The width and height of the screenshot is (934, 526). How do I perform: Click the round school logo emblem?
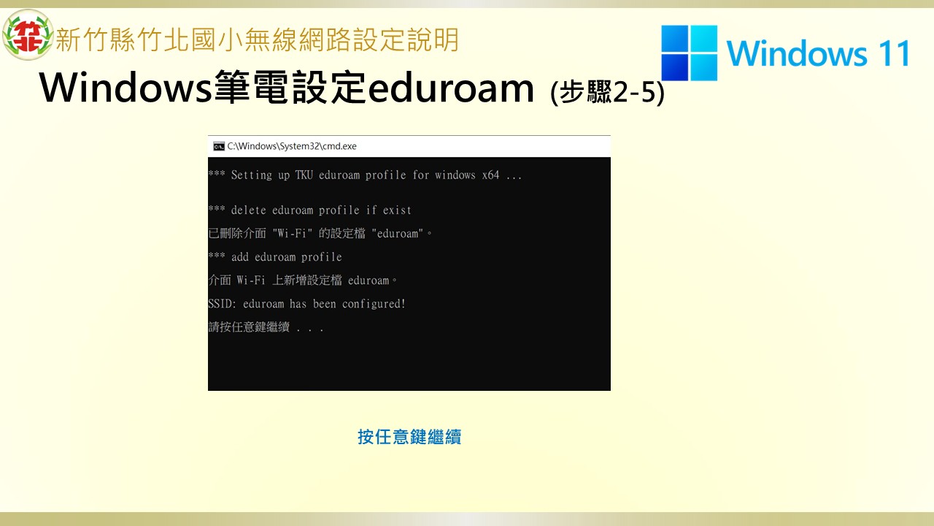[x=28, y=34]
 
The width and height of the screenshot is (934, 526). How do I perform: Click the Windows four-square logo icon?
[x=690, y=53]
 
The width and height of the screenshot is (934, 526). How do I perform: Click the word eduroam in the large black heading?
[x=451, y=88]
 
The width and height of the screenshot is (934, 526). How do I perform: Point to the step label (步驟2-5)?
[x=607, y=92]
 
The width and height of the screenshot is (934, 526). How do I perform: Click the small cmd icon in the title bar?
[x=219, y=146]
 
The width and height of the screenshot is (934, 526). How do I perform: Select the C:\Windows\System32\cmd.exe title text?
[x=292, y=146]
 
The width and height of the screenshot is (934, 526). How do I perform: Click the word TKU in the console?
[x=304, y=175]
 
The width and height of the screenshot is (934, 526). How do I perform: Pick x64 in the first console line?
[x=490, y=175]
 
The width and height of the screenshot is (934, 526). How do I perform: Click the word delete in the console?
[x=249, y=210]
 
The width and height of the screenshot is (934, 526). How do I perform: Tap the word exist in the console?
[x=397, y=210]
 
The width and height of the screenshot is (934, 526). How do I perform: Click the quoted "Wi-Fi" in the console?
[x=293, y=233]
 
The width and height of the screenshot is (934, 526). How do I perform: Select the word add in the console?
[x=240, y=256]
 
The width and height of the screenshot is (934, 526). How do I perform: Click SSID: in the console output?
[x=223, y=303]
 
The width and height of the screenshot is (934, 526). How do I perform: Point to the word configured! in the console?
[x=374, y=303]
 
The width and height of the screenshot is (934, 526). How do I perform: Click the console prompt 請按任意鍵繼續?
[x=249, y=327]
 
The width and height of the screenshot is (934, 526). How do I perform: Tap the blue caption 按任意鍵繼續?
[x=409, y=437]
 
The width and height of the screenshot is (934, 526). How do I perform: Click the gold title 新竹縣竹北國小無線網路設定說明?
[x=258, y=39]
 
